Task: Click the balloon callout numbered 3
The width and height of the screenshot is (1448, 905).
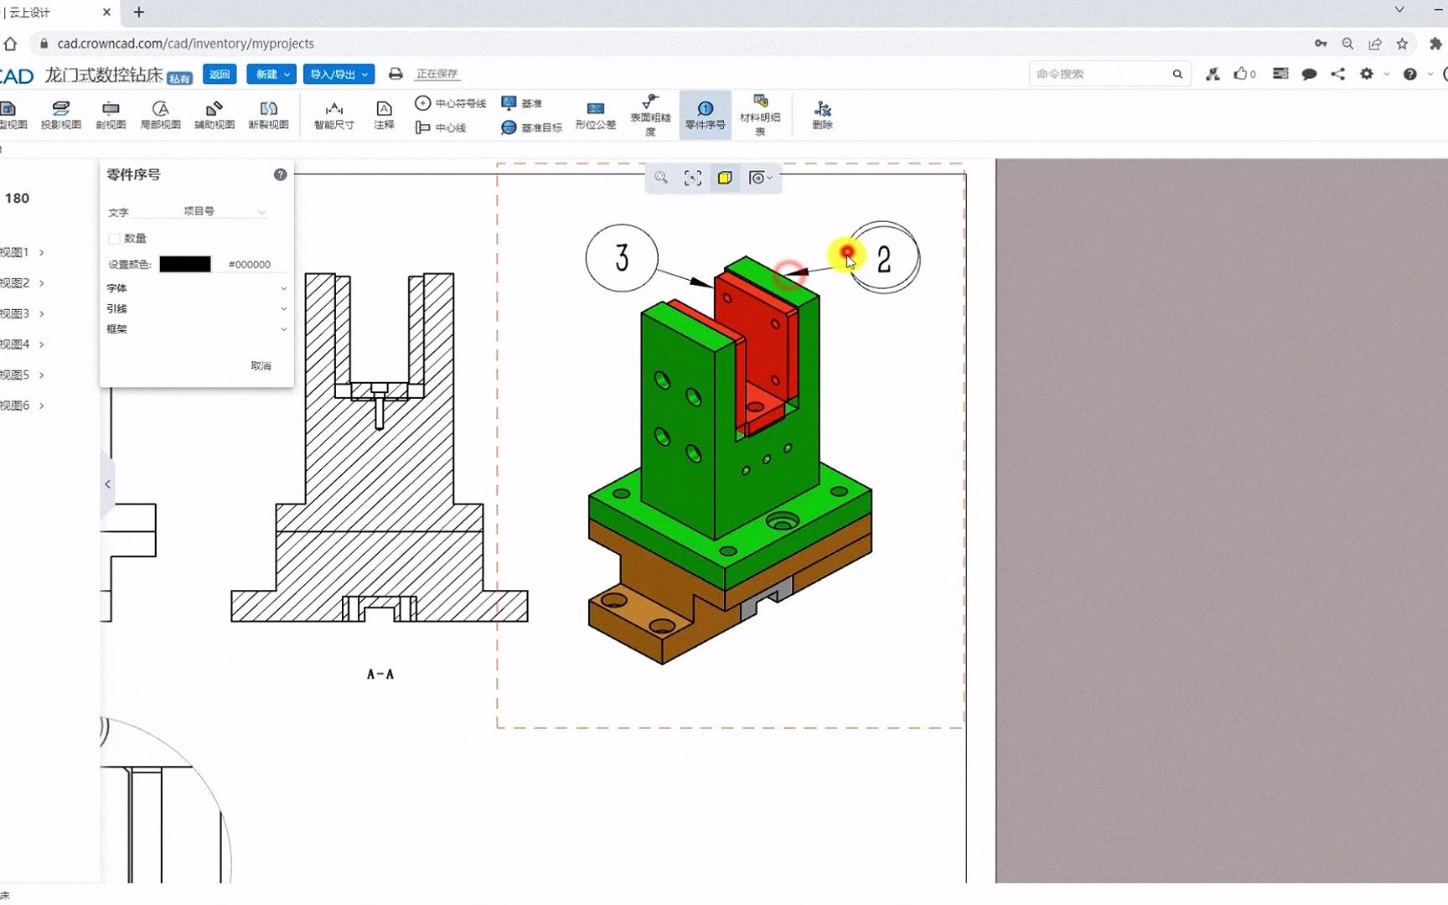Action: point(621,258)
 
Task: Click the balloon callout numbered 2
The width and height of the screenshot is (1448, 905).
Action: point(883,259)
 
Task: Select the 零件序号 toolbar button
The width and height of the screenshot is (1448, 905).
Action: point(705,115)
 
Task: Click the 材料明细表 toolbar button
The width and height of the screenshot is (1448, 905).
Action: point(760,115)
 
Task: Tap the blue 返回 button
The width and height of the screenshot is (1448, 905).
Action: point(220,74)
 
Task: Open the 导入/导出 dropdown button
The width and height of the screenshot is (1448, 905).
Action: point(339,74)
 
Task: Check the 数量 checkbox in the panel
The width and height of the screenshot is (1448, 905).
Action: point(115,239)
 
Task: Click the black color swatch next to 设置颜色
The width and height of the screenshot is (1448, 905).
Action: point(185,264)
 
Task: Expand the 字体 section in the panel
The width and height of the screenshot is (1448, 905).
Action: point(196,288)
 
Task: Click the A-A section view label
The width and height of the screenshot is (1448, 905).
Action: point(380,674)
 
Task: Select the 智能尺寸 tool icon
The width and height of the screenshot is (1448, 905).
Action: point(334,115)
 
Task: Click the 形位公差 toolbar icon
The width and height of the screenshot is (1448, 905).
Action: point(595,115)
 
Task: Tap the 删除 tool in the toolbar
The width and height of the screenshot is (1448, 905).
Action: point(822,115)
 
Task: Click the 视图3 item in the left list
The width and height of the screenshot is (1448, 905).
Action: point(16,313)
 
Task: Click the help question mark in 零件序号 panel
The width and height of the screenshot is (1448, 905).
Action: point(280,174)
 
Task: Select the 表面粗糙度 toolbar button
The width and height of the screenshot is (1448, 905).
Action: point(650,115)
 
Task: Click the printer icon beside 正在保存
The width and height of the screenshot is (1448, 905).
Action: point(396,74)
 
